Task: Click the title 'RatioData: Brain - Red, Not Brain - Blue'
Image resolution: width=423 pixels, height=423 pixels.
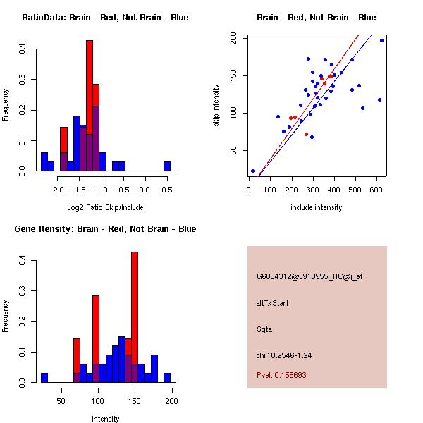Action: click(x=105, y=18)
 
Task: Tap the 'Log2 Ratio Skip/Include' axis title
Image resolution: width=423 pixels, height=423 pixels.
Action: click(x=105, y=207)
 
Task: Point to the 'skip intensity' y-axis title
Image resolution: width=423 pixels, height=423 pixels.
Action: click(x=217, y=106)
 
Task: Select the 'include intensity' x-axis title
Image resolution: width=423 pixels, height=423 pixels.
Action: click(x=317, y=207)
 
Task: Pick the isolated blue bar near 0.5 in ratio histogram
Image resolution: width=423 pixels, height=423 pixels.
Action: click(x=167, y=166)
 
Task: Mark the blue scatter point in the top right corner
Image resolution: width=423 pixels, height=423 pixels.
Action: click(x=381, y=40)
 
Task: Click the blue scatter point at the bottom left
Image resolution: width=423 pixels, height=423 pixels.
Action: click(x=252, y=171)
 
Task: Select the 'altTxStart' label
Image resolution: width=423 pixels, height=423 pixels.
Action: click(x=272, y=303)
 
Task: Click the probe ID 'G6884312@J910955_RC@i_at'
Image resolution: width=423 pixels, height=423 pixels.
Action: click(x=309, y=277)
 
